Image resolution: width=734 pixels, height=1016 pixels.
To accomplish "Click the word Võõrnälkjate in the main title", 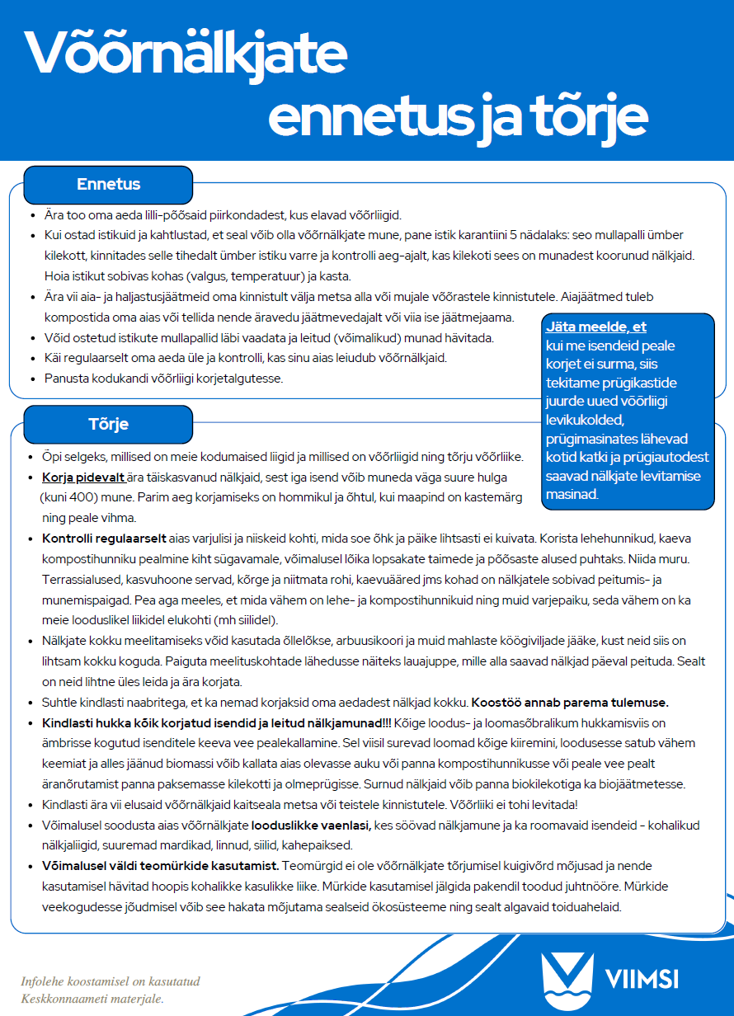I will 186,53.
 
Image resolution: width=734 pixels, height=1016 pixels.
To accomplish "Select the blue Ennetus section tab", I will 108,185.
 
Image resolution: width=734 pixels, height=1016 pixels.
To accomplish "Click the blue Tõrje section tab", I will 108,425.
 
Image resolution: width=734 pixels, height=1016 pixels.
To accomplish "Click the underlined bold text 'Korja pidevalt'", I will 82,477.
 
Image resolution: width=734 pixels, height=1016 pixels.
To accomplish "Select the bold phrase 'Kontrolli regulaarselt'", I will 104,539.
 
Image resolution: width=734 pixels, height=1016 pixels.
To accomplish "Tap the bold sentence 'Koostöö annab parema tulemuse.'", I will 569,703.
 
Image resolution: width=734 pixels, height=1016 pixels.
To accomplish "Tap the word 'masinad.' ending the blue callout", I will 572,495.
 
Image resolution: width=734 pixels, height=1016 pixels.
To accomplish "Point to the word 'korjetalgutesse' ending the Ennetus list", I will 240,379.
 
